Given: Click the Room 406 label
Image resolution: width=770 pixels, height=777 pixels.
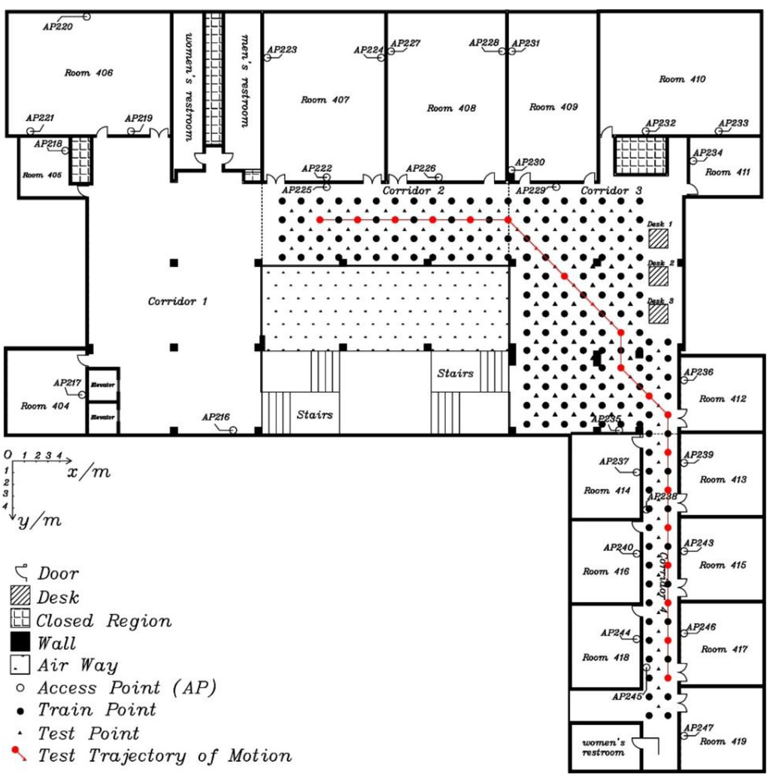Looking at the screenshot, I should coord(88,73).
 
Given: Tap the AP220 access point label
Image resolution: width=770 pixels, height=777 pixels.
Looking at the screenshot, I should coord(56,26).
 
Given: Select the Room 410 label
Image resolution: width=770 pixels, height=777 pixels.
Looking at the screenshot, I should coord(682,79).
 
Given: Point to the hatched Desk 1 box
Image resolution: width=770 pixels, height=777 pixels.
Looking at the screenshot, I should coord(659,239).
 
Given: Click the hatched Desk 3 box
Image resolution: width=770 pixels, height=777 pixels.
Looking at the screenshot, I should coord(659,313).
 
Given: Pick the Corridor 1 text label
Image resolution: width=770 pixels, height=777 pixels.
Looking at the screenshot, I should coord(177,301).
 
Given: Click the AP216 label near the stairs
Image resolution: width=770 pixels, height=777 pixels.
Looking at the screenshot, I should coord(216,417).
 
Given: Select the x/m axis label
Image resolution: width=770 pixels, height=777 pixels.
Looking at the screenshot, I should coord(89,471).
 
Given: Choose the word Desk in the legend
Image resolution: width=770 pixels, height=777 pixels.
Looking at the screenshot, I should coord(58,597).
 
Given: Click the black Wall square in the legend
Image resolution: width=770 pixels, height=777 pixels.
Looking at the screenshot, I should coord(20,642).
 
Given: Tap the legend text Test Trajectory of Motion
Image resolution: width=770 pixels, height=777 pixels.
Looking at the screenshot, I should coord(164,755).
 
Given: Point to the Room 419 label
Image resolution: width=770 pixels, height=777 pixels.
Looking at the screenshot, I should coord(723,741).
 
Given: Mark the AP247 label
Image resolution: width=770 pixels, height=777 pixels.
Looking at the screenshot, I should coord(699,727).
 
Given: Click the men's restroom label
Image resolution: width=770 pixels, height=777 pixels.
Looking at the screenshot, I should coord(245,81).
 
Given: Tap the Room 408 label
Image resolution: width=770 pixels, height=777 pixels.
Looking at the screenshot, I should coord(451,108).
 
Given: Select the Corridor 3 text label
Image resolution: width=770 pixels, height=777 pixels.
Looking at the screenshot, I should coord(611,192).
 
